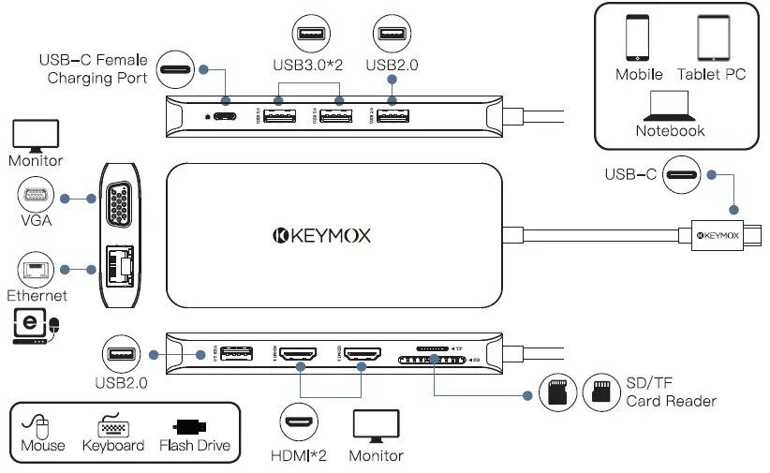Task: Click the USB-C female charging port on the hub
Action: (226, 116)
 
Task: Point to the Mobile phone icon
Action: (639, 38)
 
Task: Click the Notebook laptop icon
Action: (670, 104)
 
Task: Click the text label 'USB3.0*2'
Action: (308, 65)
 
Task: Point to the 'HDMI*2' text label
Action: (300, 456)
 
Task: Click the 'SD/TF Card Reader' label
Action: (671, 392)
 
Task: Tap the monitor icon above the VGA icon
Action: (35, 136)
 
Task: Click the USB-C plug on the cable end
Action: (727, 235)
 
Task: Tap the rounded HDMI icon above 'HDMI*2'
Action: (300, 423)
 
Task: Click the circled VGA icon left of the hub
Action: (35, 197)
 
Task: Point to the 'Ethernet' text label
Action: (37, 296)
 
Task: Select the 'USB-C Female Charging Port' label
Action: (93, 69)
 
